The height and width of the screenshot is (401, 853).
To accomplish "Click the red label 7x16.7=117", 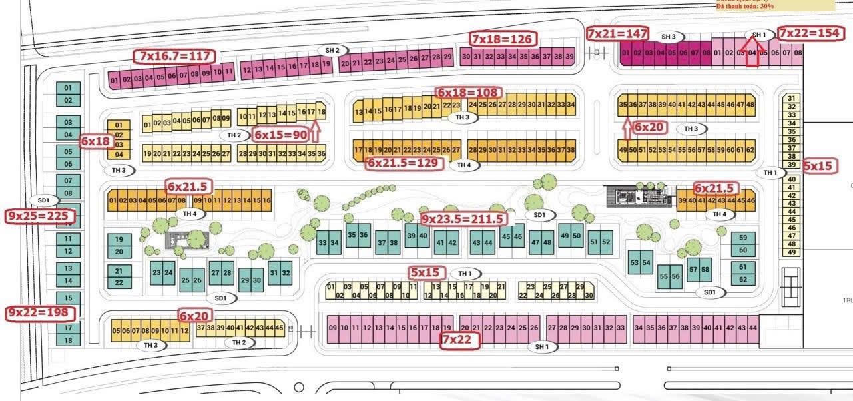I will click(175, 56).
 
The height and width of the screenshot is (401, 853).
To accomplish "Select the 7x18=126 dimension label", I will click(501, 39).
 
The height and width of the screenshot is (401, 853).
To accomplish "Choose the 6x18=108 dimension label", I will click(468, 92).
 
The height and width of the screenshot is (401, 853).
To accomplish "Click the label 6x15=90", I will click(281, 134).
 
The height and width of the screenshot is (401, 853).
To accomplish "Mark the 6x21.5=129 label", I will click(404, 162).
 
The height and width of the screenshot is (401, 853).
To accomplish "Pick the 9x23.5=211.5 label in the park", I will click(463, 218).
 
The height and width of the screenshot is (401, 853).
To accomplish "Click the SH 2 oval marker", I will click(332, 50).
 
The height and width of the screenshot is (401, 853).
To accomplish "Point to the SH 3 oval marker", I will click(669, 37).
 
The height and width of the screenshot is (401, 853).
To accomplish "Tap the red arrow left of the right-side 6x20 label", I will click(626, 127).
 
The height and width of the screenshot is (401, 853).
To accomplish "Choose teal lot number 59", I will click(743, 238).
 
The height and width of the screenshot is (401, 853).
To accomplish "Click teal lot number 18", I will click(68, 340).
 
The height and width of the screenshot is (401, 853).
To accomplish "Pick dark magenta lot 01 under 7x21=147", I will click(625, 53).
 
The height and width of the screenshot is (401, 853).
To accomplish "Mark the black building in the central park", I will click(637, 196).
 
